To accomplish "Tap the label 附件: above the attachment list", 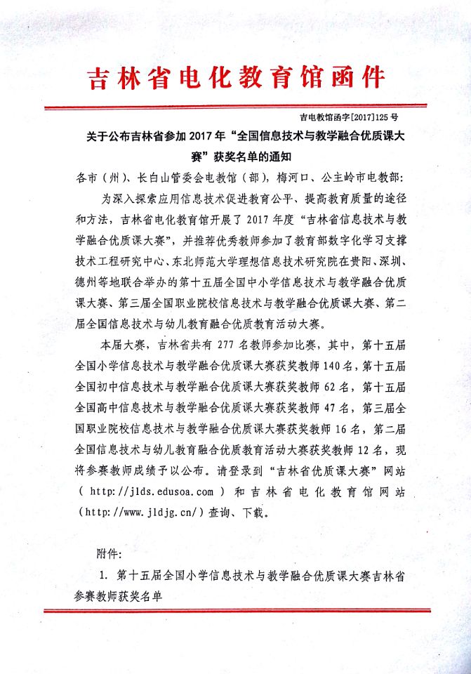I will [x=109, y=552].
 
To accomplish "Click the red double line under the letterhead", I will [x=236, y=107].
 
